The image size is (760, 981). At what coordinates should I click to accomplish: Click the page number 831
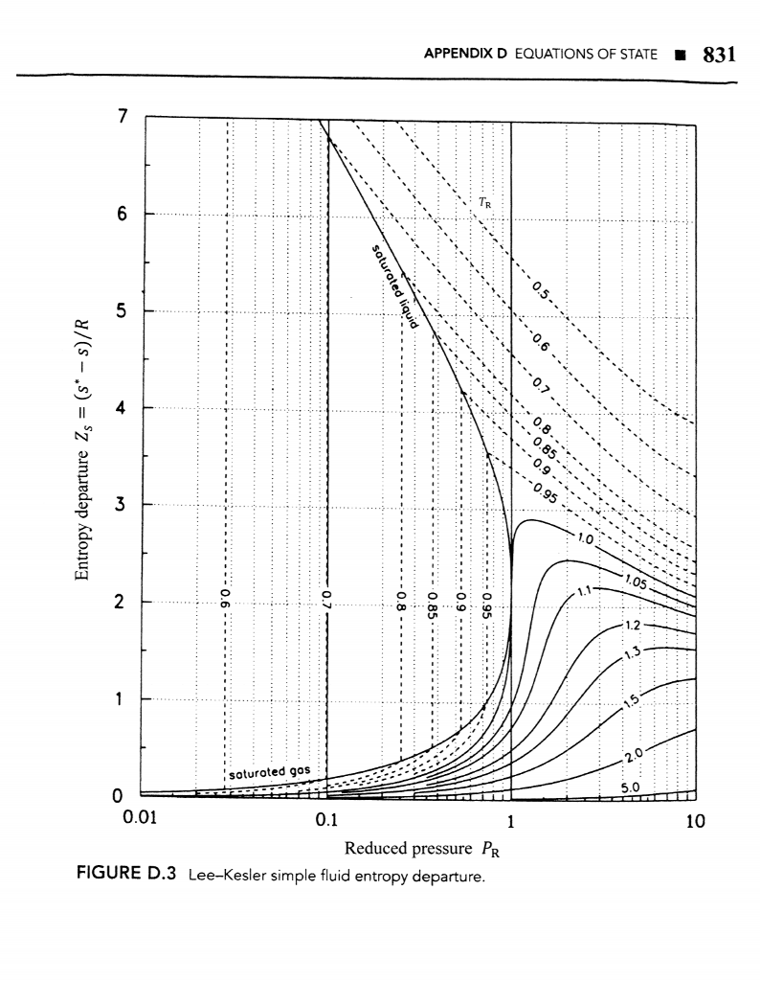(x=718, y=56)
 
